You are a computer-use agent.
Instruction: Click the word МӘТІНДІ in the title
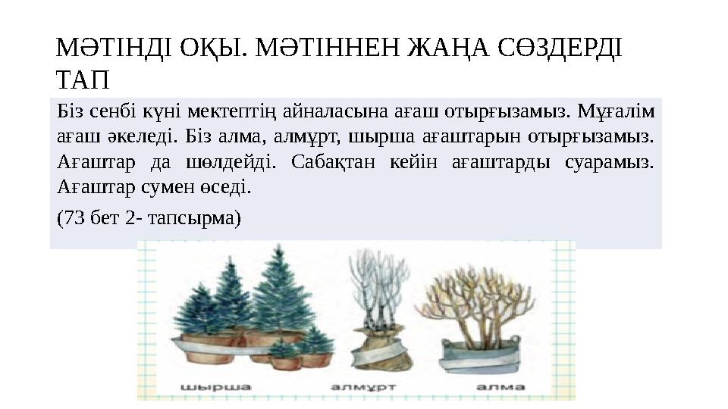pos(111,49)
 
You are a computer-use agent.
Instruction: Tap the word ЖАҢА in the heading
pos(449,49)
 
